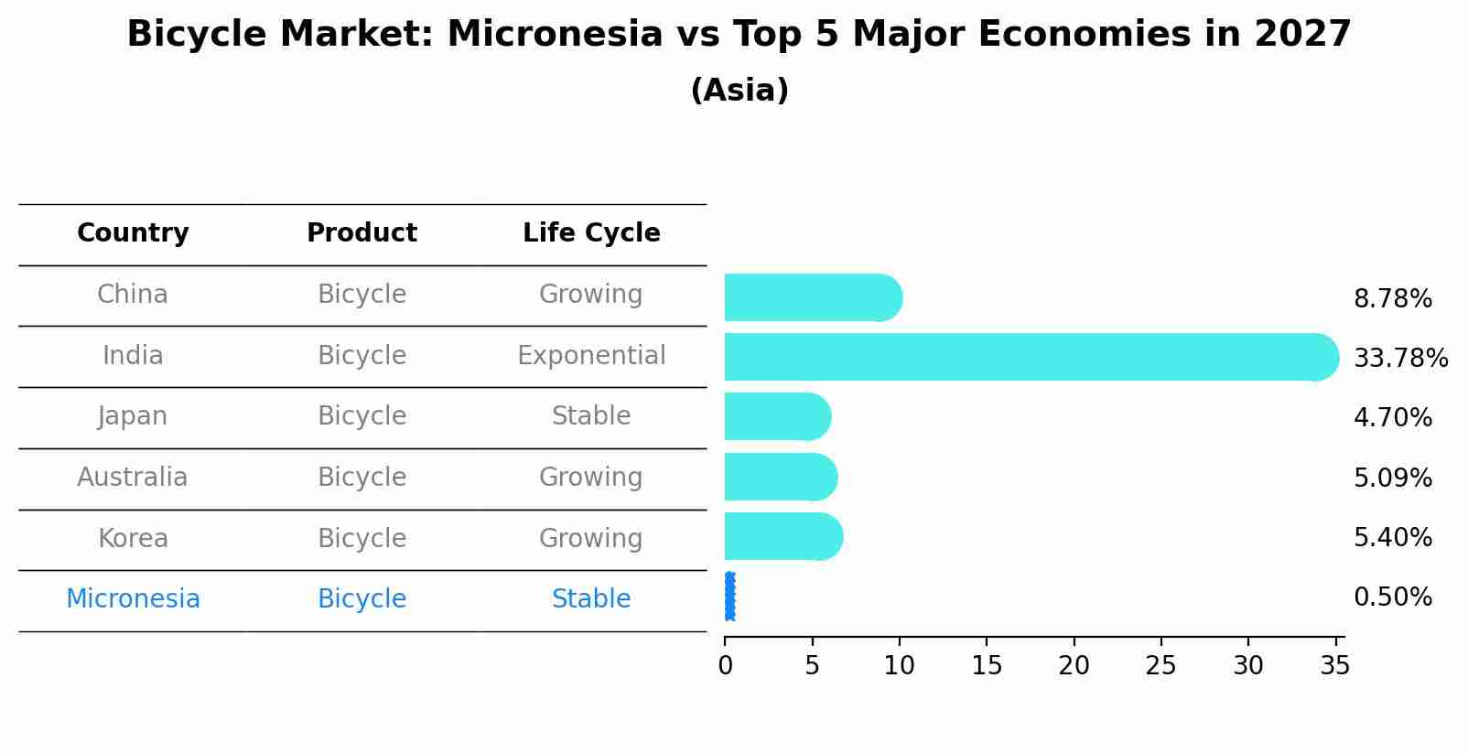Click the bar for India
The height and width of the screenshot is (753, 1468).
[1031, 357]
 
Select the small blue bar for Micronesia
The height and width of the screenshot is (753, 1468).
[730, 597]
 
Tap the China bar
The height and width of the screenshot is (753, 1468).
[814, 297]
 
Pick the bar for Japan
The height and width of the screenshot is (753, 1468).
[778, 417]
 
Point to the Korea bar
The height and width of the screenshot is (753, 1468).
[783, 537]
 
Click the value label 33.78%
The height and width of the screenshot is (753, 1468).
[1400, 358]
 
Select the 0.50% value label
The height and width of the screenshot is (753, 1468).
[1393, 597]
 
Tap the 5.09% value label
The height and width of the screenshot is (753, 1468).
[1393, 478]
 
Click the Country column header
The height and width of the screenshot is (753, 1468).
[133, 233]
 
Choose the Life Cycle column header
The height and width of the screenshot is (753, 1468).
[591, 233]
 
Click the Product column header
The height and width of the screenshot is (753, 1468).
[362, 232]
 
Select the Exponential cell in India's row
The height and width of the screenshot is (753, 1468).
[591, 356]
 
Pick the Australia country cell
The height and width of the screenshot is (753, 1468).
[133, 477]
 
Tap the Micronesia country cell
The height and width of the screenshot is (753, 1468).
[133, 599]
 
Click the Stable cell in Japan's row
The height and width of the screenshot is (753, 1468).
[591, 416]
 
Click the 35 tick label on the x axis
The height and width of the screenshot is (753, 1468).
[1335, 666]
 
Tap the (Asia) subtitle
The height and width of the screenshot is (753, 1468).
[739, 91]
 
